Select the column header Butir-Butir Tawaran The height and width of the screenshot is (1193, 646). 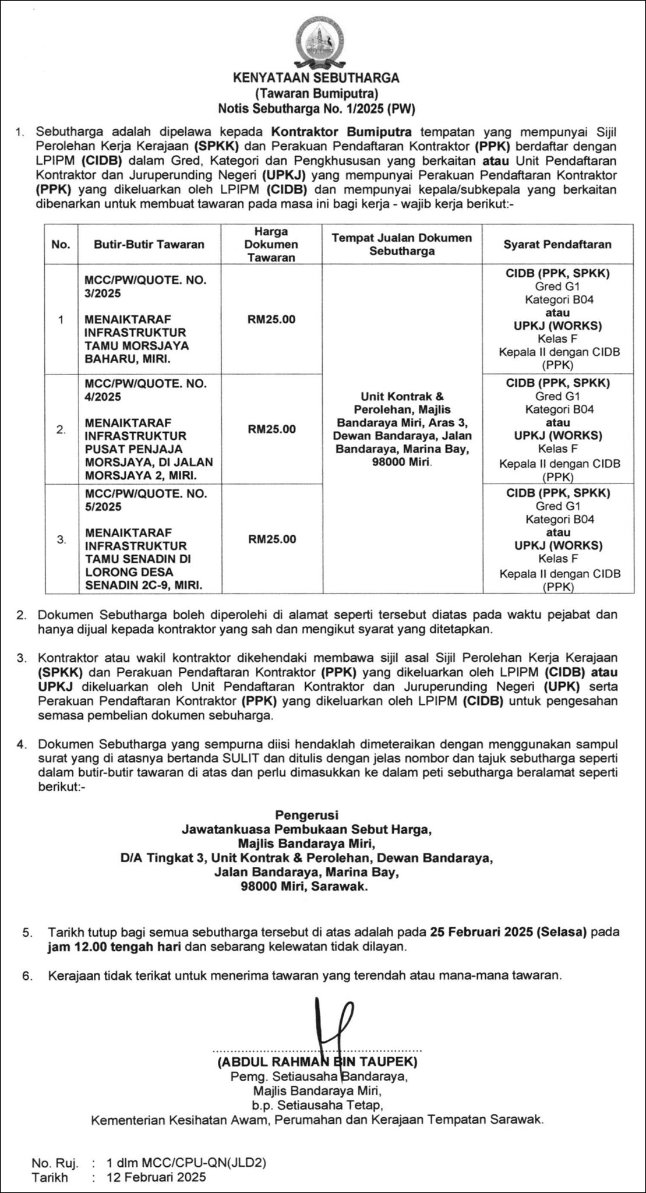[x=149, y=244]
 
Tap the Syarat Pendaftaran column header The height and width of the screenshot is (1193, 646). [x=557, y=244]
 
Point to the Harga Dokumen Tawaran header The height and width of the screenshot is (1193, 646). [x=271, y=244]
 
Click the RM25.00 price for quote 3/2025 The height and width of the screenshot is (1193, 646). [x=271, y=319]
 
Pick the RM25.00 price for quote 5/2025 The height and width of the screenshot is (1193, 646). [x=271, y=539]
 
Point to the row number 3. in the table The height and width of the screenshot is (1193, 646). [x=61, y=539]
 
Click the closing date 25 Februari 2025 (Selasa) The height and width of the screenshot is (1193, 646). [x=513, y=931]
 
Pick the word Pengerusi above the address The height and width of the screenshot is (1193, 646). [x=306, y=814]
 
